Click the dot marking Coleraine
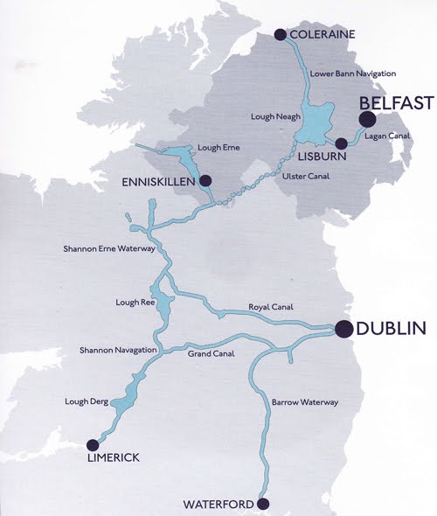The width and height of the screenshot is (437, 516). click(x=280, y=35)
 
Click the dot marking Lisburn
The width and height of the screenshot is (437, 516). click(x=339, y=143)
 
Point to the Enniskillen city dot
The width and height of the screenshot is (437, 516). click(x=205, y=181)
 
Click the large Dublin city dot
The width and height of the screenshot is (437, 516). click(x=343, y=329)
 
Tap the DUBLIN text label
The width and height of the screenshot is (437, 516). click(x=392, y=329)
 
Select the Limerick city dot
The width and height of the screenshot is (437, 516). click(x=93, y=443)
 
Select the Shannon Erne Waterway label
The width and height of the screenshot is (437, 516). click(x=109, y=249)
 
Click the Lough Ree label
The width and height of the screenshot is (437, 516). click(x=134, y=303)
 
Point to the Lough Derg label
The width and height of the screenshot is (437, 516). click(x=86, y=401)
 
